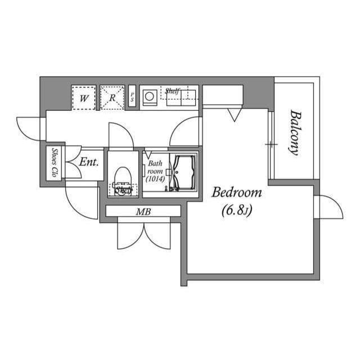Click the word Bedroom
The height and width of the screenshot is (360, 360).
click(236, 193)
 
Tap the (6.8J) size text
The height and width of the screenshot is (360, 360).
click(236, 211)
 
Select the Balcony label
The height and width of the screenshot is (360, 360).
click(294, 132)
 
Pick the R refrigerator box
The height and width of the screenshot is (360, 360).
click(112, 97)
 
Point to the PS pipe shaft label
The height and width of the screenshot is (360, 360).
click(132, 97)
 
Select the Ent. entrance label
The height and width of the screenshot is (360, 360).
click(89, 162)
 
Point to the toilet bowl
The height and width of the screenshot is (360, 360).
click(122, 179)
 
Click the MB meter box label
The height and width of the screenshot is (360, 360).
click(143, 211)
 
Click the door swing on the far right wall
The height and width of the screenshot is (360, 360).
click(331, 207)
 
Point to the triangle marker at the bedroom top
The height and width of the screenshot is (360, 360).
click(234, 115)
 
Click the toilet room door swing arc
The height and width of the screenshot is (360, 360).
click(120, 135)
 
